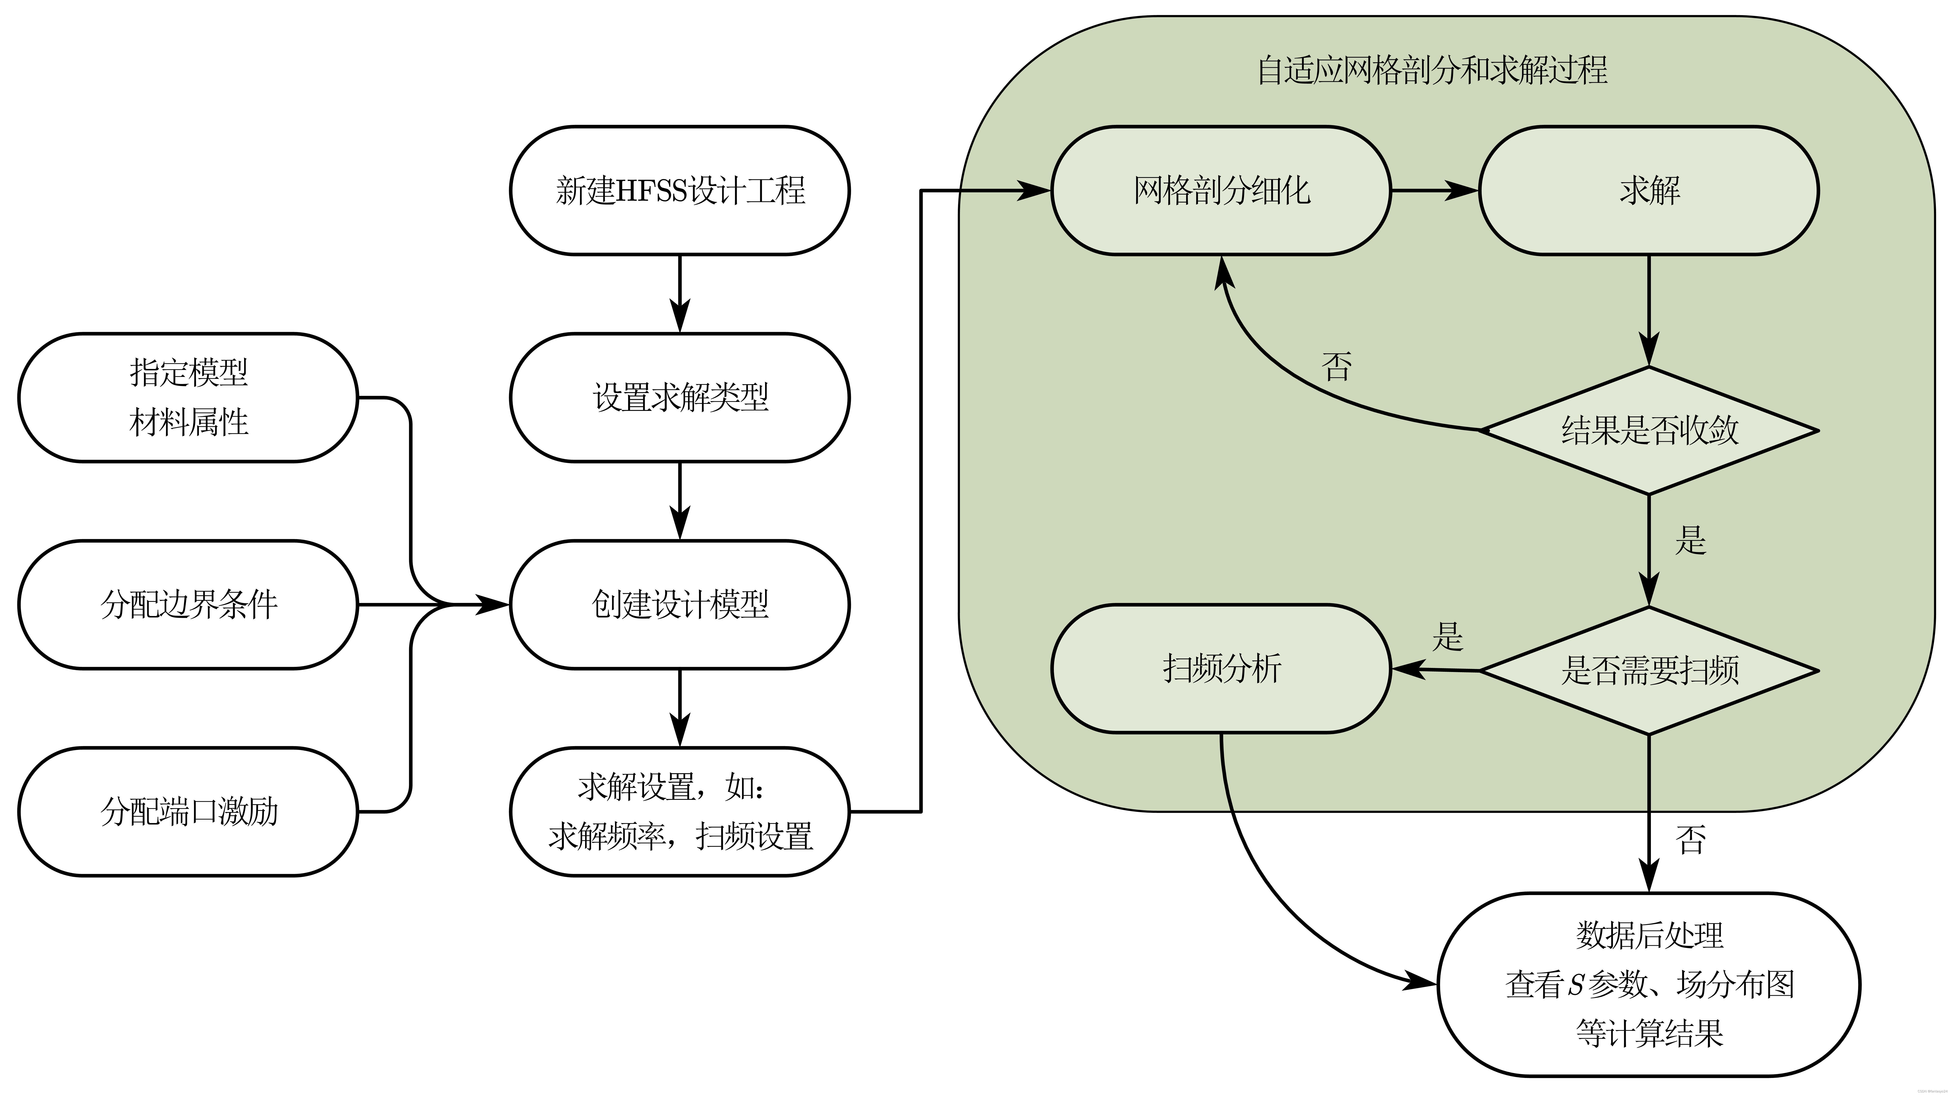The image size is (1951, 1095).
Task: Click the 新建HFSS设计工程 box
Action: point(679,190)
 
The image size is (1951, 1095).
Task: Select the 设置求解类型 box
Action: point(679,397)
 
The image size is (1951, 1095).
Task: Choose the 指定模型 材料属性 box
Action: point(188,397)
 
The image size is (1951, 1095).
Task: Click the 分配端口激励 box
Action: point(188,812)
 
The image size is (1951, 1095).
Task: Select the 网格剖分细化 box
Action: point(1221,190)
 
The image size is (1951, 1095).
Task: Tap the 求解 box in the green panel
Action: point(1649,190)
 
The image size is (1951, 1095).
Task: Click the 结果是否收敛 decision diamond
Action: point(1649,430)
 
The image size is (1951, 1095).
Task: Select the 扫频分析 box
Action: point(1221,668)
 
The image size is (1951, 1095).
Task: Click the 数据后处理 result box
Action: point(1649,984)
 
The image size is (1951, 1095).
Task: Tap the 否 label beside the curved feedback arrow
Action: point(1336,367)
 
